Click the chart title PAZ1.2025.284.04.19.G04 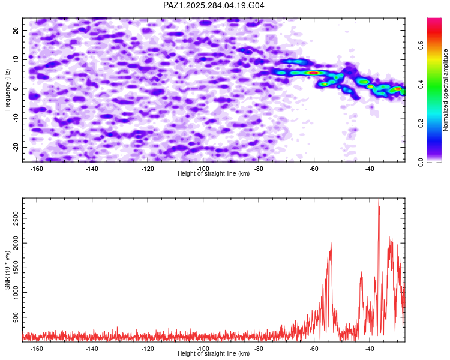(x=214, y=5)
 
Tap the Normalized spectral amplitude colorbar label (x=445, y=90)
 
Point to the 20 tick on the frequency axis (x=17, y=30)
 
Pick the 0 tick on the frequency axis (x=19, y=89)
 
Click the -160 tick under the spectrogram (x=37, y=169)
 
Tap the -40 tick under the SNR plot (x=370, y=349)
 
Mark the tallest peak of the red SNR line (x=379, y=201)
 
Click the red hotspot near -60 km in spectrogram (x=313, y=73)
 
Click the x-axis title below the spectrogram (x=214, y=174)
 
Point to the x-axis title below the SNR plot (x=214, y=354)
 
